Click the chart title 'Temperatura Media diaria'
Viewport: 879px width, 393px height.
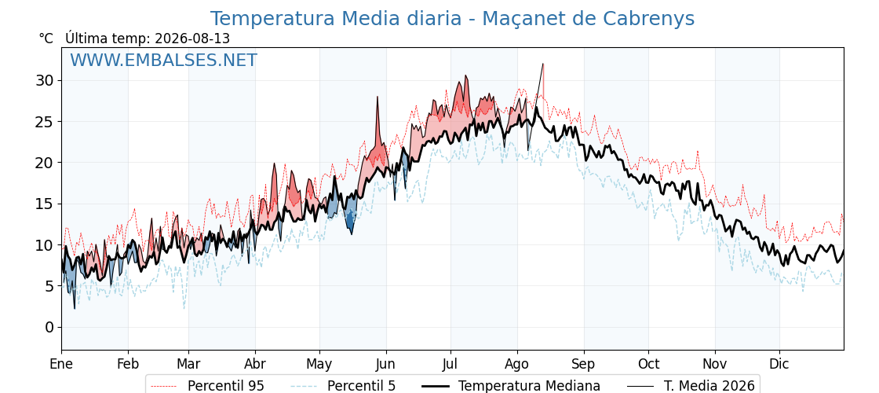coord(334,19)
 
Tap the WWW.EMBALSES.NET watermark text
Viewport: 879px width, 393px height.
coord(164,60)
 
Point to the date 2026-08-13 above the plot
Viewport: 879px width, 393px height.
coord(192,39)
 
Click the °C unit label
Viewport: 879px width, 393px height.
coord(46,39)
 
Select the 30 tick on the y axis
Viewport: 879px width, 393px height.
coord(46,81)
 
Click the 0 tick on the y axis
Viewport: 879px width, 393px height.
coord(50,327)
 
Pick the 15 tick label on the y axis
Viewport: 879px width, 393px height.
coord(46,204)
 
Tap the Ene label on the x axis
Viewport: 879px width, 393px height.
coord(62,365)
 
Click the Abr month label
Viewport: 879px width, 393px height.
coord(255,365)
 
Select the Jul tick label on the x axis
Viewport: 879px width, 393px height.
coord(450,365)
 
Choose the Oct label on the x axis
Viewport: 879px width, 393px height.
coord(648,365)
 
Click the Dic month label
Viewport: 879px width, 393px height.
coord(779,365)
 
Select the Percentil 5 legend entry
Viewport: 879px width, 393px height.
coord(343,386)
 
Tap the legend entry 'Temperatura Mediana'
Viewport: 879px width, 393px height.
coord(510,386)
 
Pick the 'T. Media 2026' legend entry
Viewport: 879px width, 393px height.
coord(691,386)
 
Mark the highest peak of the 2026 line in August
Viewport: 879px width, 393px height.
coord(542,64)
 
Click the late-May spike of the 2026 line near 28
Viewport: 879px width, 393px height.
coord(377,97)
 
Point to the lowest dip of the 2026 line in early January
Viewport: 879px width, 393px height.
coord(75,308)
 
